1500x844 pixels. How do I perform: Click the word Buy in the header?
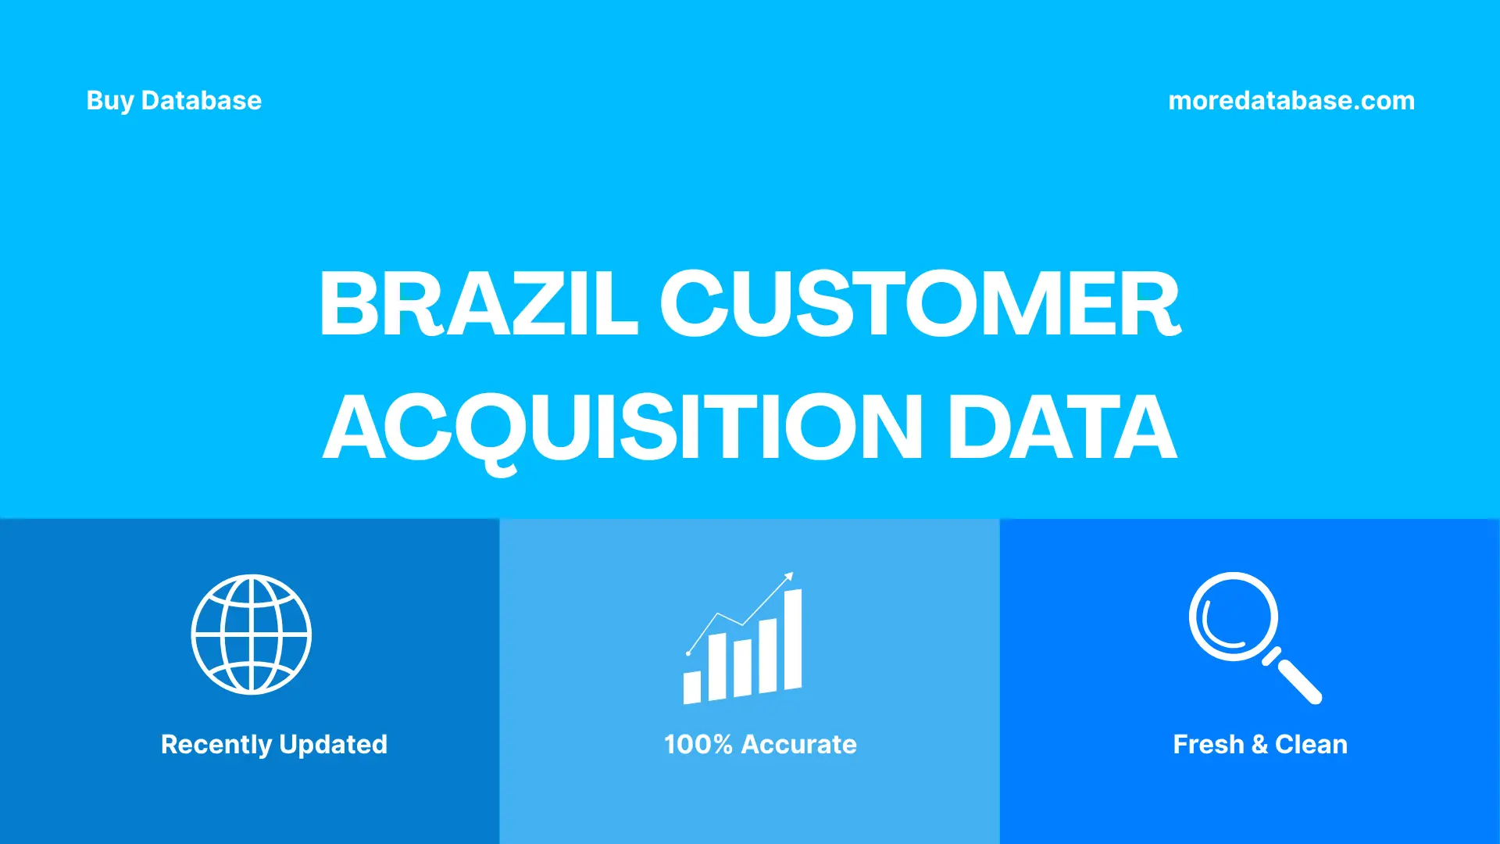(x=109, y=101)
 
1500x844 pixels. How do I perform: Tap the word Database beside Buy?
(x=201, y=101)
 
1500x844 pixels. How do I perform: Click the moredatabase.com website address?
(x=1291, y=101)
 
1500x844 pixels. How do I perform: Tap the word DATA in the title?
(x=1061, y=427)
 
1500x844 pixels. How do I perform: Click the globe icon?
(x=252, y=634)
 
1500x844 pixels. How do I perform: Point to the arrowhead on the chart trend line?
(x=789, y=577)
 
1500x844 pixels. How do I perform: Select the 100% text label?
(x=698, y=744)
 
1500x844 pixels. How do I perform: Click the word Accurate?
(x=798, y=744)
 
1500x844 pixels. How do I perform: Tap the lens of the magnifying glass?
(x=1233, y=617)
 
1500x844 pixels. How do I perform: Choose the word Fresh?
(x=1208, y=744)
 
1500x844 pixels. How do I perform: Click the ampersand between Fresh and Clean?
(x=1259, y=744)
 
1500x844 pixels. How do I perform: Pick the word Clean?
(x=1311, y=744)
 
